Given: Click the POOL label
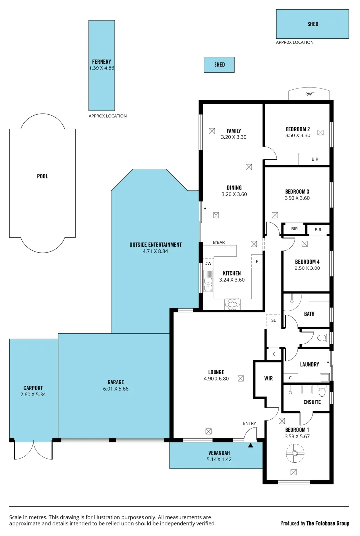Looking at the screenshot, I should point(43,176).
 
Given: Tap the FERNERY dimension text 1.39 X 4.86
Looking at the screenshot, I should point(102,68).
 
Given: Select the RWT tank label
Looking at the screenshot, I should point(310,94).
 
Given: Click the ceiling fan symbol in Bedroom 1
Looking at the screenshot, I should point(295,452).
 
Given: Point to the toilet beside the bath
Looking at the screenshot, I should point(322,338).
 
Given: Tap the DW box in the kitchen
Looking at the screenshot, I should point(208,264).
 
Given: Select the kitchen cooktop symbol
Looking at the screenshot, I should point(232,304).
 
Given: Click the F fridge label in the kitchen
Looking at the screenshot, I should point(257,261).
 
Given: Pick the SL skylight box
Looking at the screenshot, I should point(273,321).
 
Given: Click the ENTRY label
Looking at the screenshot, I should point(249,423).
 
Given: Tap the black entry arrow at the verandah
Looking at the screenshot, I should point(251,445).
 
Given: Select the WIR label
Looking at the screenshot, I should point(268,379).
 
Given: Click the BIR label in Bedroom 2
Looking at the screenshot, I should point(315,159).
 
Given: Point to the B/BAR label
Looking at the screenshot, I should point(219,242).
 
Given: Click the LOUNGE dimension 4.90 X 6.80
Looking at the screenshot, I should point(216,378).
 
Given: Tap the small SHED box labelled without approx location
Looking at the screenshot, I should point(219,65).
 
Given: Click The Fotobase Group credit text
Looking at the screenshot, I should point(327,523).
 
